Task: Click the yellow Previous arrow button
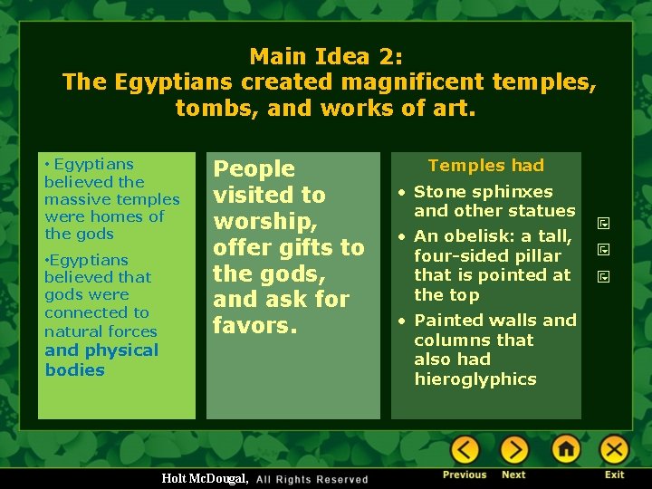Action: click(x=465, y=449)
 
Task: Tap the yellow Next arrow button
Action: click(x=514, y=449)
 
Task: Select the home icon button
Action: click(x=566, y=449)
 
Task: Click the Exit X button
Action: click(x=615, y=449)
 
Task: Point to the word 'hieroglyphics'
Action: click(x=475, y=379)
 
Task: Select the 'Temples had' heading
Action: click(x=486, y=165)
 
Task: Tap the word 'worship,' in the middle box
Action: click(x=262, y=221)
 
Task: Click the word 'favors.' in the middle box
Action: click(x=255, y=324)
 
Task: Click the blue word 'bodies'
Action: click(x=75, y=369)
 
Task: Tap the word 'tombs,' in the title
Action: click(x=211, y=109)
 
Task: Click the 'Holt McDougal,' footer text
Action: click(x=204, y=478)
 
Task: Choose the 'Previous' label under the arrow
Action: click(x=465, y=475)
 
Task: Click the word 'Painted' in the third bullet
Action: click(x=450, y=320)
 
